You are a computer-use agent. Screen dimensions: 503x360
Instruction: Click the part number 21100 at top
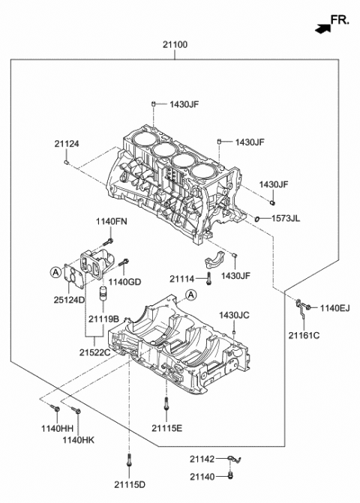click(x=175, y=45)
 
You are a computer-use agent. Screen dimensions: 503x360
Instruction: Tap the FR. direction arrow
click(x=323, y=29)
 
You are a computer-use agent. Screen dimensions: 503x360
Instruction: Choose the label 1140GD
click(x=125, y=282)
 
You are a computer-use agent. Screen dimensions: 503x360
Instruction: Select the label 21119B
click(x=103, y=319)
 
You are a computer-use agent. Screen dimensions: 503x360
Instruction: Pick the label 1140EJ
click(x=335, y=307)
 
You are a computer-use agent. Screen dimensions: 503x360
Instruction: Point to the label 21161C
click(x=305, y=335)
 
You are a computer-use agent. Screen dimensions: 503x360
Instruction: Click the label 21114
click(x=182, y=279)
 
